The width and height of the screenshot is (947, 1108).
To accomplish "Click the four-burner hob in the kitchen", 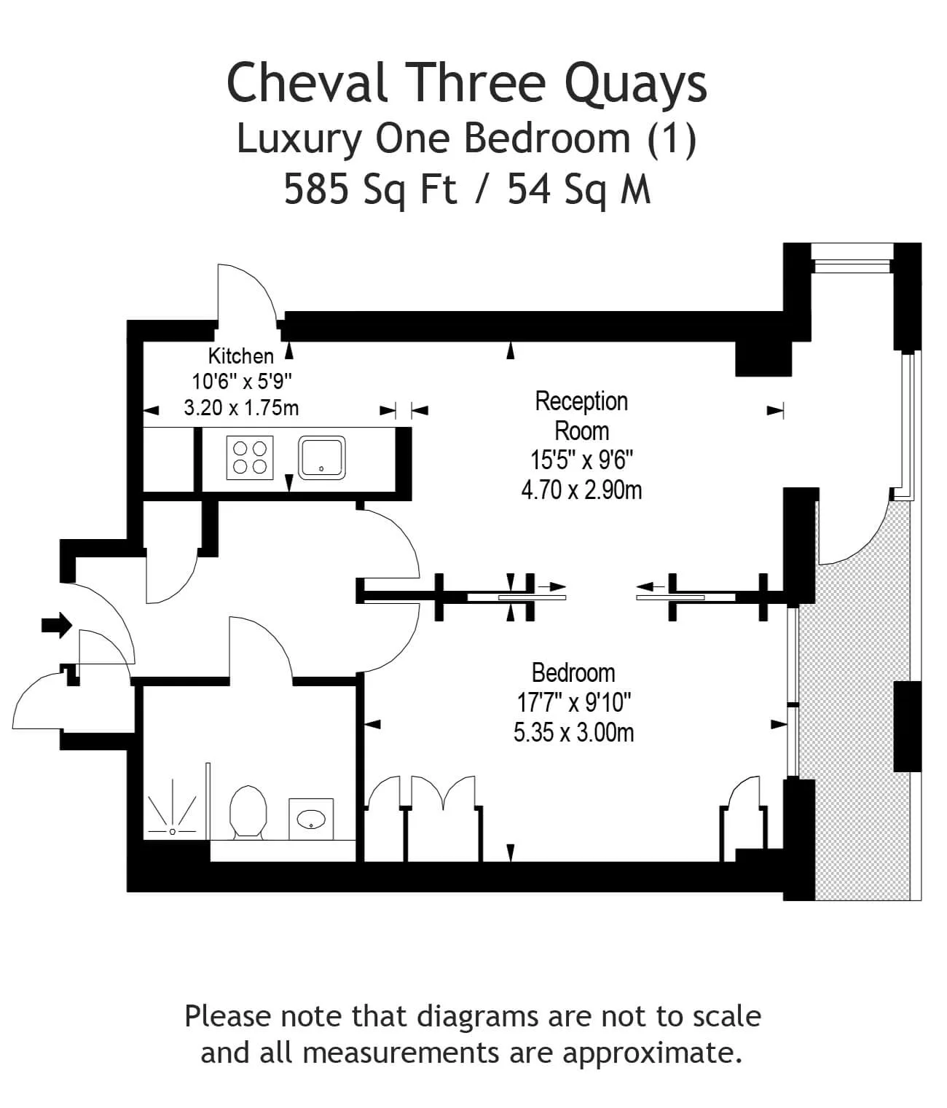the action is (250, 457).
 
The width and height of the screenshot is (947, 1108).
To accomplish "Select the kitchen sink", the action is (321, 457).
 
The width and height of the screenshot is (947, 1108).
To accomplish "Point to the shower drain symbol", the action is (172, 832).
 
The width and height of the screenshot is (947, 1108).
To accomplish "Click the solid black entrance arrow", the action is (56, 625).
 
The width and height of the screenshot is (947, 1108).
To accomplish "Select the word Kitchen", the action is (240, 356).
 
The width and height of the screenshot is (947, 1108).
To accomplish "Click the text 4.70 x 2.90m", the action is (581, 490).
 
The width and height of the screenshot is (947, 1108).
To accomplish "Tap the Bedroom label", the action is (573, 672).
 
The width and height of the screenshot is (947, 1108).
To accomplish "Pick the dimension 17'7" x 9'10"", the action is (573, 702).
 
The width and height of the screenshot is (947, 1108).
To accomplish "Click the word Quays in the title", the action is (636, 85).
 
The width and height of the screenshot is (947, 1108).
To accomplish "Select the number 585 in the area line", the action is (316, 189).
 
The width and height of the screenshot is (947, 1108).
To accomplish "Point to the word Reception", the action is (581, 401).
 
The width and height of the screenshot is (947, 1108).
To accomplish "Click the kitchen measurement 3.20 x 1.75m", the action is (241, 408).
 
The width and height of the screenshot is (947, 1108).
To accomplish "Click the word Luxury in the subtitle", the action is (299, 139).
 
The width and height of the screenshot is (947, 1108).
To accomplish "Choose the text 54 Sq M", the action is (579, 189).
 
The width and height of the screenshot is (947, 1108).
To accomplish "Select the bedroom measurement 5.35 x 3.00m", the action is (573, 732).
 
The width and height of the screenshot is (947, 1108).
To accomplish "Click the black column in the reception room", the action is (763, 358).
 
